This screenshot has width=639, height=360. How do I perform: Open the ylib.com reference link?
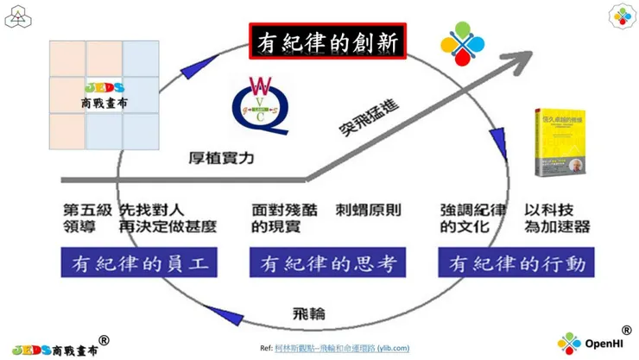(x=341, y=348)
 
